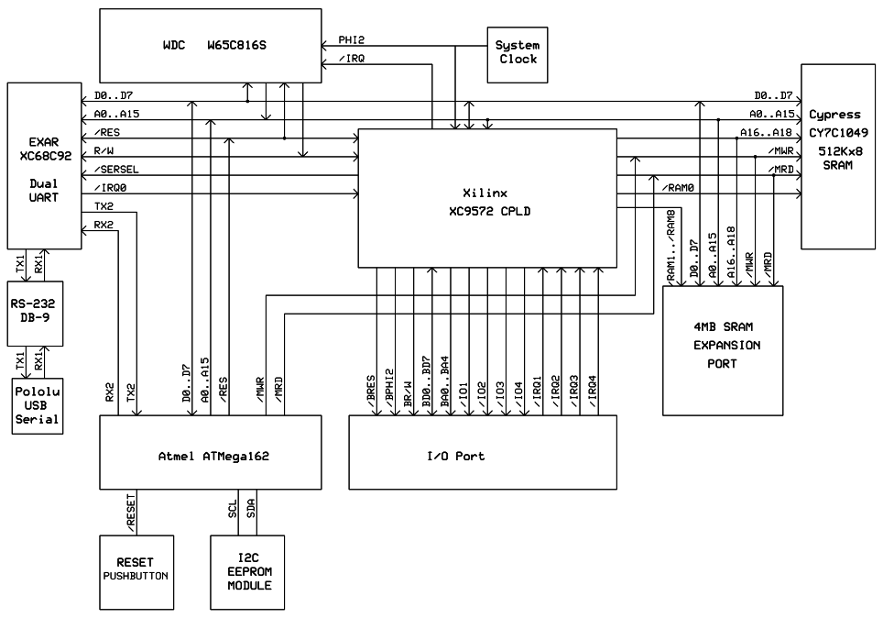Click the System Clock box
516,51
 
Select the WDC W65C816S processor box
210,45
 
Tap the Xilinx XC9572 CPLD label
485,202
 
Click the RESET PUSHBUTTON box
136,572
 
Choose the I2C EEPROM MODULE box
247,572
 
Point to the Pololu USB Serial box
37,406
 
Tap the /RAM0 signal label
677,188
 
